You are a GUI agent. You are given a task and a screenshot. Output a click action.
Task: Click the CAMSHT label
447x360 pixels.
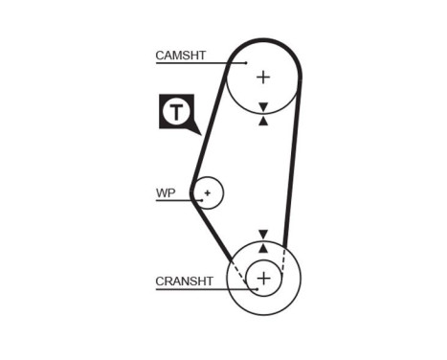[x=180, y=56]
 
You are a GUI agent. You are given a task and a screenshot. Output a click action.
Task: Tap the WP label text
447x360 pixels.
[x=167, y=191]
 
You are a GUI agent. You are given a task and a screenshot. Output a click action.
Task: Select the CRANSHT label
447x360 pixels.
[x=184, y=281]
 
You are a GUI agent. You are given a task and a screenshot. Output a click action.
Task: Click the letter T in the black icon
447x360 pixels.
[x=176, y=112]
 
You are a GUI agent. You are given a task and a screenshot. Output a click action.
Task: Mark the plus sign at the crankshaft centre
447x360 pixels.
[x=264, y=279]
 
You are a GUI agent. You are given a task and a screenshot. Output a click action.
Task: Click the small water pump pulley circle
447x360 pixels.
[x=215, y=183]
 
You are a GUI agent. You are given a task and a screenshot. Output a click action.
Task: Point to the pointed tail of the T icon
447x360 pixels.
[x=194, y=131]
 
